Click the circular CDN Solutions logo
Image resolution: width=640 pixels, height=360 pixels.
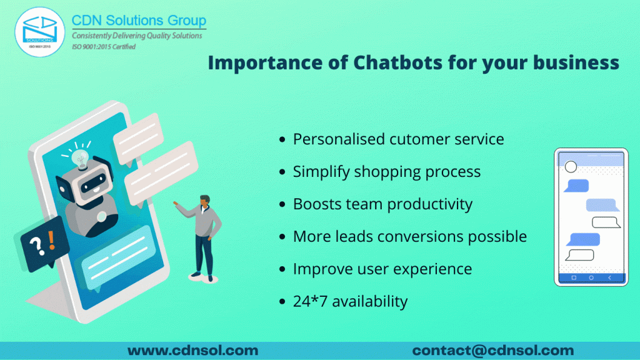click(x=39, y=32)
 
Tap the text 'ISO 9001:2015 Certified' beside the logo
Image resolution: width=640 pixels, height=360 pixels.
click(x=104, y=46)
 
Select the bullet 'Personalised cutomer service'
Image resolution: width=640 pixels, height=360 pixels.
click(x=398, y=139)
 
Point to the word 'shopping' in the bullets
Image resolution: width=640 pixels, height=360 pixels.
click(x=387, y=172)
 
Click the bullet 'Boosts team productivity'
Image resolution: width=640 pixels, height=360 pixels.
click(x=382, y=204)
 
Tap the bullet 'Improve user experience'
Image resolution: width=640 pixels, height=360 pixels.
click(x=382, y=269)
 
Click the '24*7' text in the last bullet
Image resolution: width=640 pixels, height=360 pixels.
click(x=310, y=301)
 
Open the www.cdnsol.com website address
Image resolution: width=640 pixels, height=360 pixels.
click(x=192, y=350)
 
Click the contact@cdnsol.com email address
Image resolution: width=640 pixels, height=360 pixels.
click(x=493, y=350)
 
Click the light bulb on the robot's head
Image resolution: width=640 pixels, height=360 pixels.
click(x=79, y=159)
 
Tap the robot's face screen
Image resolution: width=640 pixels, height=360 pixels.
click(x=94, y=183)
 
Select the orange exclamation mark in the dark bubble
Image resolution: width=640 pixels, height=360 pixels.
click(x=51, y=241)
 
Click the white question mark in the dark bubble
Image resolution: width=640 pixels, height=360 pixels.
click(x=37, y=246)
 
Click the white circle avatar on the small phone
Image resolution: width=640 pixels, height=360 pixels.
click(x=571, y=166)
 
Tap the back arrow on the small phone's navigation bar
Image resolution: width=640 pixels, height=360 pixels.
click(x=610, y=277)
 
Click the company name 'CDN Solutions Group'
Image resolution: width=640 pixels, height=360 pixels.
click(x=139, y=21)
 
